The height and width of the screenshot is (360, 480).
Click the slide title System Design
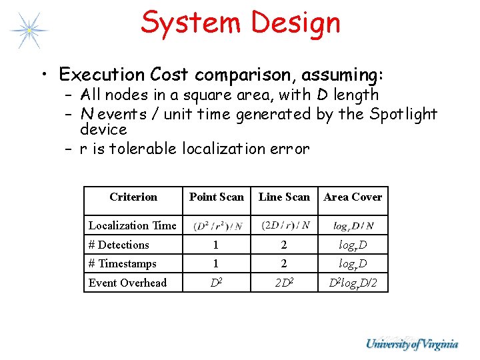tap(241, 22)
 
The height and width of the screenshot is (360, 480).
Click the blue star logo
tap(29, 30)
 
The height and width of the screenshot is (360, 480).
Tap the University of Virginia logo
tap(411, 344)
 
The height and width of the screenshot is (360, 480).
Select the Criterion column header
tap(133, 197)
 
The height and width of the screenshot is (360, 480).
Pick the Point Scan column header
tap(217, 197)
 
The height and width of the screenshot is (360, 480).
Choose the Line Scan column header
tap(284, 197)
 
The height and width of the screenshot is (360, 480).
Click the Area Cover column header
tap(353, 197)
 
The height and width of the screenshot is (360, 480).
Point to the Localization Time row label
tap(133, 225)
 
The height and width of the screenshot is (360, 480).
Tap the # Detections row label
tap(119, 245)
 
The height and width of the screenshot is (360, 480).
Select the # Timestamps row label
tap(123, 263)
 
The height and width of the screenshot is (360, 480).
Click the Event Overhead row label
tap(128, 283)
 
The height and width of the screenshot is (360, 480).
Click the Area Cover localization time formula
tap(353, 226)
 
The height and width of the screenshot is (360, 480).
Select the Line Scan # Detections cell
tap(284, 245)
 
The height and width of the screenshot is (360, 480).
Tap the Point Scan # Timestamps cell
tap(217, 263)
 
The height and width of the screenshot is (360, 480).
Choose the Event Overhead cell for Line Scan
tap(284, 283)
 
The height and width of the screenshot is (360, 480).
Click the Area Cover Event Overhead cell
tap(353, 283)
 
